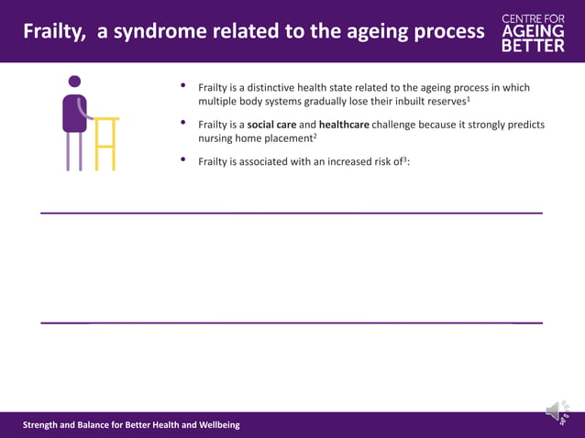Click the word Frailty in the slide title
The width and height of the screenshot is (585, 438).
tap(52, 32)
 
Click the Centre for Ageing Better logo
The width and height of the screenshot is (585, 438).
tap(533, 32)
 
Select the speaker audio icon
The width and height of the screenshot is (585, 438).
tap(557, 412)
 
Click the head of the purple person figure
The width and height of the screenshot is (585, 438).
tap(74, 82)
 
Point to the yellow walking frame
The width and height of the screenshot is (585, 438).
tap(105, 142)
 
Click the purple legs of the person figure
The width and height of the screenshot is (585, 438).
tap(74, 151)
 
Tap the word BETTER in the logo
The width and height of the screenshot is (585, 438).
tap(533, 46)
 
